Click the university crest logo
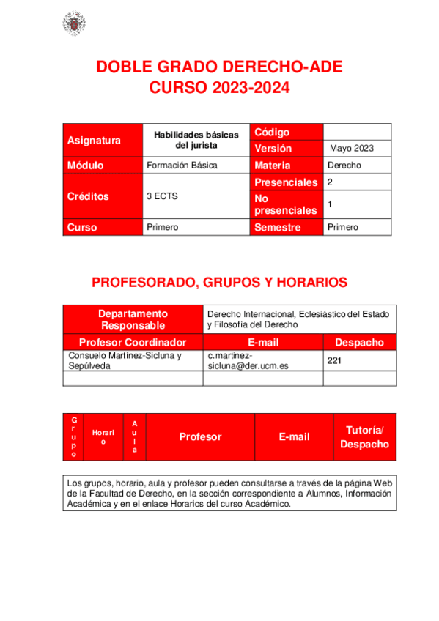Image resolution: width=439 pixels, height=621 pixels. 73,23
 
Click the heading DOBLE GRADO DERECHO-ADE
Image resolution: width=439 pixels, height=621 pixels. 219,68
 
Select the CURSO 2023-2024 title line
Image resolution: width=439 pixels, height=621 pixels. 219,89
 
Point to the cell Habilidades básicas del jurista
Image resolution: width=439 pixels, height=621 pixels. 196,140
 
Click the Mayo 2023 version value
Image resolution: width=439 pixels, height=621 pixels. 352,148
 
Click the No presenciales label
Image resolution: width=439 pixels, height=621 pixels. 285,204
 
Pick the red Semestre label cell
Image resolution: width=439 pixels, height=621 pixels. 285,227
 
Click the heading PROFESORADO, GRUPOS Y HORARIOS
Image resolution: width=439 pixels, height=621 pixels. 219,283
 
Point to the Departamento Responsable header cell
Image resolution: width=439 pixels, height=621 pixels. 133,319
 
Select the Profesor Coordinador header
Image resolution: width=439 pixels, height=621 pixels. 133,342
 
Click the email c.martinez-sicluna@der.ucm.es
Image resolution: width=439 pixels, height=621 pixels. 262,360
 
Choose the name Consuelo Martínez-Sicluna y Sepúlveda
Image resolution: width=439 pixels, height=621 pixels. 132,360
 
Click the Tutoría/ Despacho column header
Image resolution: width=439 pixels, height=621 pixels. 364,437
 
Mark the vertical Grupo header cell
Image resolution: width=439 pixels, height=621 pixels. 73,437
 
